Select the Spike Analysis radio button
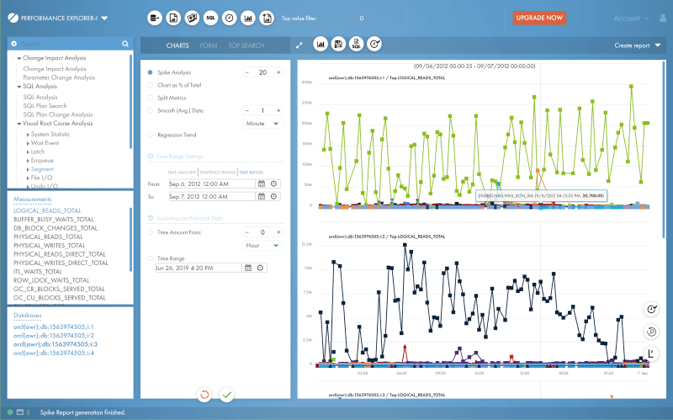[150, 72]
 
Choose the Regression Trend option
[150, 135]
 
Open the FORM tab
[209, 45]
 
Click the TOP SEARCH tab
[246, 45]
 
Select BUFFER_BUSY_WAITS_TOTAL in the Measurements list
[54, 219]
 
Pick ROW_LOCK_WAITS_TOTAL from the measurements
[51, 280]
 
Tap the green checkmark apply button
[226, 394]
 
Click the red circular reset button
[204, 394]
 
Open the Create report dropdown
[638, 45]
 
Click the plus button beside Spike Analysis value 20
[278, 72]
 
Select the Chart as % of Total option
[150, 85]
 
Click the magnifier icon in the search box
[125, 44]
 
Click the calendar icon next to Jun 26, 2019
[247, 268]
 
